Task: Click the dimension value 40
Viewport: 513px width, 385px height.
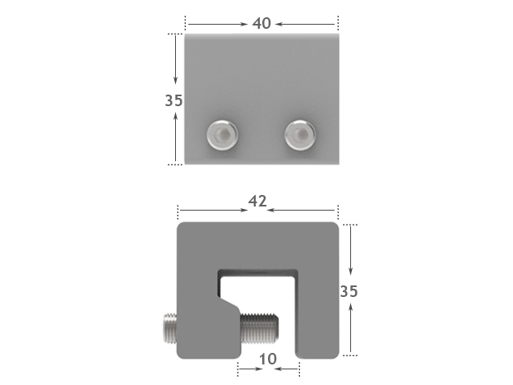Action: pyautogui.click(x=261, y=23)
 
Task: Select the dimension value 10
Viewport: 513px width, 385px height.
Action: pyautogui.click(x=268, y=359)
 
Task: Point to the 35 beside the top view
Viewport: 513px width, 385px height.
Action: pyautogui.click(x=173, y=101)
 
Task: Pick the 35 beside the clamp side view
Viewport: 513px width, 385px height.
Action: pyautogui.click(x=349, y=291)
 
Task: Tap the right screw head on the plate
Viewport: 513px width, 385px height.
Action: pyautogui.click(x=299, y=133)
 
